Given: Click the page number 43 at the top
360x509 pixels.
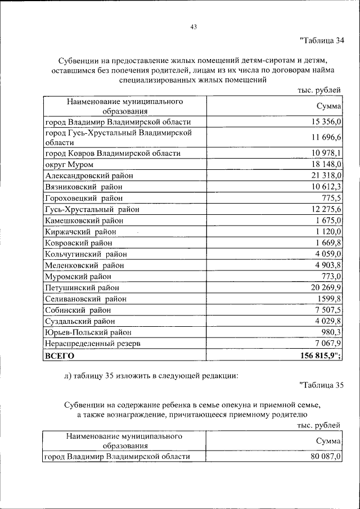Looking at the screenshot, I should (193, 26).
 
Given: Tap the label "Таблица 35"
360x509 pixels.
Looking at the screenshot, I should (321, 385).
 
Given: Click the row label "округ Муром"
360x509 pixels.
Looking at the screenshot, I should (69, 164).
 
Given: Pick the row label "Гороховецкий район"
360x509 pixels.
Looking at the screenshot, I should (83, 198).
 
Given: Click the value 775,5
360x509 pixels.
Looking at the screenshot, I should (331, 198).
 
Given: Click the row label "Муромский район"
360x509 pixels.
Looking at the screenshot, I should (78, 276).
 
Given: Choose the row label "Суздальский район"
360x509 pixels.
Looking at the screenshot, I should (80, 321).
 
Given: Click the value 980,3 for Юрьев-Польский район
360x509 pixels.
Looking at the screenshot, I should (331, 332).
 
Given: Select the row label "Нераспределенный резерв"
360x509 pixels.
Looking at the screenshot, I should (92, 343).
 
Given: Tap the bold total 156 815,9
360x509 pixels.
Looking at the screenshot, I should (319, 355).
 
